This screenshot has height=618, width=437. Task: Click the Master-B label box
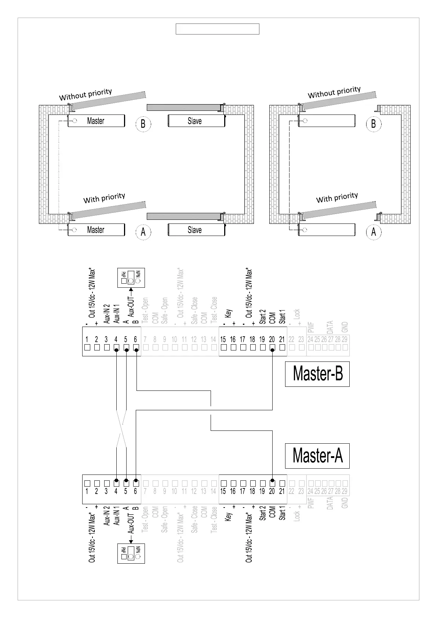[x=317, y=374]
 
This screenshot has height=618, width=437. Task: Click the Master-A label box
[x=317, y=456]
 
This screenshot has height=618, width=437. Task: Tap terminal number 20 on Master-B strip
[x=272, y=340]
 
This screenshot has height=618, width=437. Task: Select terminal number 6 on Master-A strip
[x=135, y=491]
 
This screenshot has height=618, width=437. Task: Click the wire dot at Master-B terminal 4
[x=116, y=350]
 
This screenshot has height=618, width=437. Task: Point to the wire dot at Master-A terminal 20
[x=272, y=480]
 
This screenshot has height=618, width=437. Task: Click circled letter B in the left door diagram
[x=143, y=124]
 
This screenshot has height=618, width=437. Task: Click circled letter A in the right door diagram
[x=374, y=232]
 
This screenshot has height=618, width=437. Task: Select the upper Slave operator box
[x=196, y=121]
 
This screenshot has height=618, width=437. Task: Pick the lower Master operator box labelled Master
[x=96, y=230]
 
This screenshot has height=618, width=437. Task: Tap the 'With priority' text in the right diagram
[x=337, y=198]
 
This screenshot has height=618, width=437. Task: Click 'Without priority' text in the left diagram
[x=85, y=94]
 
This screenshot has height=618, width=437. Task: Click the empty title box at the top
[x=217, y=29]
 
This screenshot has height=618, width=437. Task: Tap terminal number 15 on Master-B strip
[x=223, y=340]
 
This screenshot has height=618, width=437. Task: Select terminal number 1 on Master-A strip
[x=87, y=491]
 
